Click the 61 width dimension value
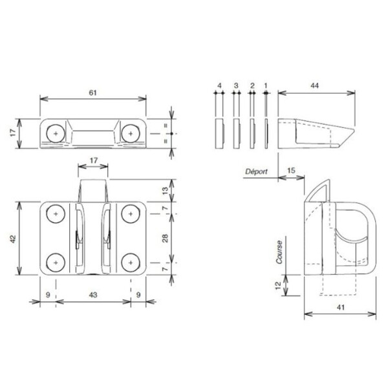pyautogui.click(x=92, y=92)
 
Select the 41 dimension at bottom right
pyautogui.click(x=339, y=308)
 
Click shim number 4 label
pyautogui.click(x=220, y=85)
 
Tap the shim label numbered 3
pyautogui.click(x=236, y=85)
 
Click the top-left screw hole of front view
pyautogui.click(x=57, y=213)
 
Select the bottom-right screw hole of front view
pyautogui.click(x=131, y=261)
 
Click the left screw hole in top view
pyautogui.click(x=57, y=133)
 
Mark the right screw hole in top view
pyautogui.click(x=131, y=133)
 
